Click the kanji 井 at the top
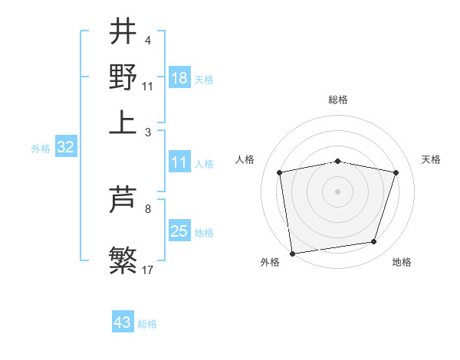[x=123, y=31]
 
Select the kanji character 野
[x=123, y=77]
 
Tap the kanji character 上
[x=123, y=123]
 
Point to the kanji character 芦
[x=123, y=200]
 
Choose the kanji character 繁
[x=123, y=260]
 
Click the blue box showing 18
[x=179, y=78]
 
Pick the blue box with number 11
[x=179, y=163]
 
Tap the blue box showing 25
[x=179, y=231]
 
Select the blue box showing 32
[x=65, y=148]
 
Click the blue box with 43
[x=123, y=322]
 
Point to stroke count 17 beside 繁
[x=148, y=270]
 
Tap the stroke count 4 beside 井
[x=148, y=41]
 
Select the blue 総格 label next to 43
[x=147, y=324]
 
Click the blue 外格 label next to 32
[x=40, y=149]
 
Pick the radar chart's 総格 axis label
[x=337, y=100]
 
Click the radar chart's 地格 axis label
[x=402, y=262]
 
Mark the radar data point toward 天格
[x=396, y=172]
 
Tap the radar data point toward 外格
[x=292, y=253]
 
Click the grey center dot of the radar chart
[x=337, y=191]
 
